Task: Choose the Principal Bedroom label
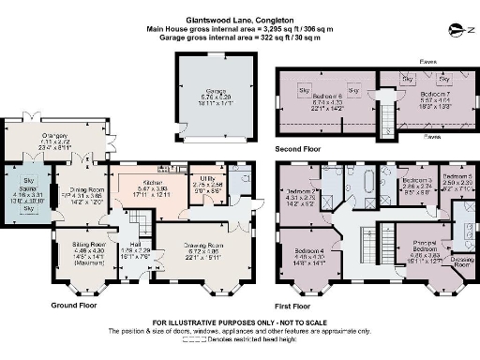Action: pos(417,246)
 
